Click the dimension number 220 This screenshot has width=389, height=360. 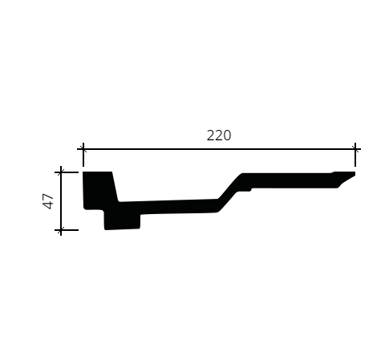pyautogui.click(x=219, y=136)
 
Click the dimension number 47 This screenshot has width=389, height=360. pyautogui.click(x=48, y=201)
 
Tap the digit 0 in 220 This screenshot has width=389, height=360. pyautogui.click(x=227, y=136)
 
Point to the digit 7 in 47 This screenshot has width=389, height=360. pyautogui.click(x=48, y=197)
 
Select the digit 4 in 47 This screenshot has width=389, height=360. pyautogui.click(x=48, y=205)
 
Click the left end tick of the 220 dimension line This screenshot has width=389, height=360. pyautogui.click(x=83, y=149)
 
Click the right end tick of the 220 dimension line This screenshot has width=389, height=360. pyautogui.click(x=355, y=149)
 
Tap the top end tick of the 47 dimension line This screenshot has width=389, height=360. pyautogui.click(x=61, y=172)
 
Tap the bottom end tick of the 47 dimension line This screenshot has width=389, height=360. pyautogui.click(x=61, y=230)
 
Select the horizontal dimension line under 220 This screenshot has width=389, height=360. pyautogui.click(x=219, y=149)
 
